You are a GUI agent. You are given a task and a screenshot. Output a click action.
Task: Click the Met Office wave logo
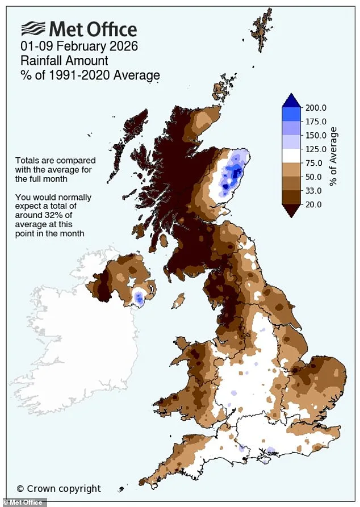[34, 29]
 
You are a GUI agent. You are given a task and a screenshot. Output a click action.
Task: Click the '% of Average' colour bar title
[333, 156]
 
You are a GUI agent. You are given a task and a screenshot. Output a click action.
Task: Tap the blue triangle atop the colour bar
[291, 100]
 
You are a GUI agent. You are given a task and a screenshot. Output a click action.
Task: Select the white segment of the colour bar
[291, 156]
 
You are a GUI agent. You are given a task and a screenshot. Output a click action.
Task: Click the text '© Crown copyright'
[58, 488]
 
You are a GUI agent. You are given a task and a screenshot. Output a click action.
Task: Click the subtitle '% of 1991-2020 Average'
[90, 75]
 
